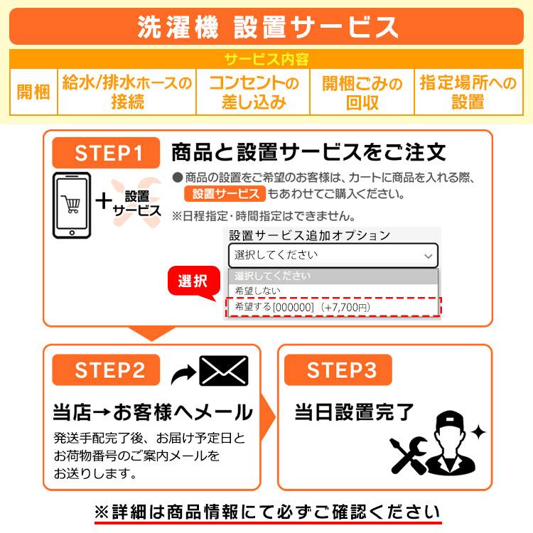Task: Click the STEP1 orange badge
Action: click(106, 153)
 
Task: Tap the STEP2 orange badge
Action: click(106, 370)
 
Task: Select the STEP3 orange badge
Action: click(338, 370)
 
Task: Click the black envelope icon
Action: click(224, 370)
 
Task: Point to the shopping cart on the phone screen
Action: click(71, 204)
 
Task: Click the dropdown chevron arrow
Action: click(429, 256)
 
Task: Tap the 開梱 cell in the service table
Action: click(33, 92)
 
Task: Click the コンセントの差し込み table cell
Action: click(253, 92)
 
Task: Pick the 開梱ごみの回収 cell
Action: click(362, 92)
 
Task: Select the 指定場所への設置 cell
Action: click(468, 92)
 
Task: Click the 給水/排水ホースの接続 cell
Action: click(126, 92)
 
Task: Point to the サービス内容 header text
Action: click(266, 60)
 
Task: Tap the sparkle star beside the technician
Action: click(478, 432)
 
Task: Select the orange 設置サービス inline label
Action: click(225, 194)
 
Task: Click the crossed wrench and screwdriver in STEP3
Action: click(409, 456)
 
